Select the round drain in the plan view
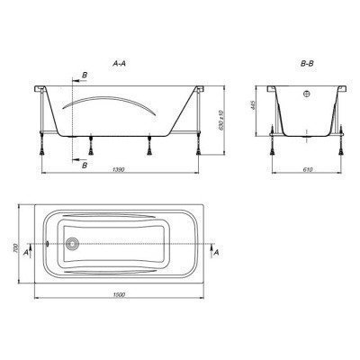click(x=73, y=244)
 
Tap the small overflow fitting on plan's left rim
click(x=47, y=244)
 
